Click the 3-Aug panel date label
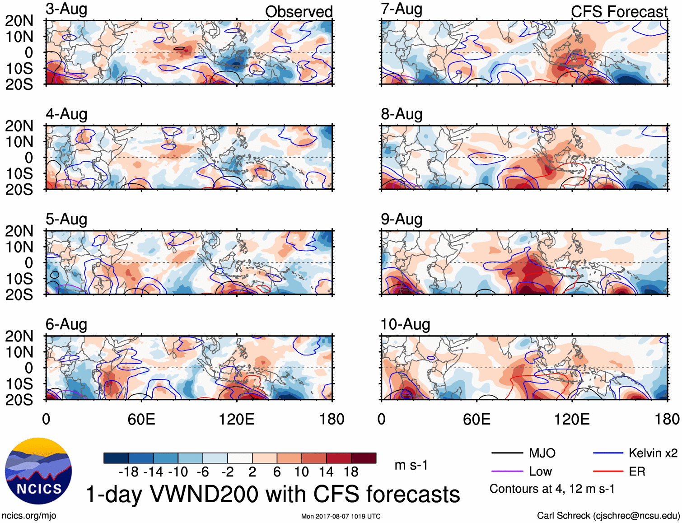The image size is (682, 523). [x=66, y=9]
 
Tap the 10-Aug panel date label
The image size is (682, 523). [x=405, y=324]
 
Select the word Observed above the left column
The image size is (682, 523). [x=299, y=12]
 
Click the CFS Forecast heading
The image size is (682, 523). [x=619, y=12]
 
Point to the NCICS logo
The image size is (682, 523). [x=38, y=471]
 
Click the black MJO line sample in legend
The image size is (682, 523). [x=507, y=453]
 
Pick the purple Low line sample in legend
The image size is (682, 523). [x=507, y=472]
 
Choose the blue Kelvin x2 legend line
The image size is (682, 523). [x=608, y=453]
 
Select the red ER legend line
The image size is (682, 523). [x=608, y=472]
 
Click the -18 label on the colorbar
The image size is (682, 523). [x=129, y=472]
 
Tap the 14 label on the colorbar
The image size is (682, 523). [x=326, y=472]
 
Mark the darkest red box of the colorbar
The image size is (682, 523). [x=364, y=458]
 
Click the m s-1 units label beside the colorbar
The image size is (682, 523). [x=411, y=465]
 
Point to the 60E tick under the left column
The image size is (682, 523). [x=141, y=419]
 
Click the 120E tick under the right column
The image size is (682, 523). [x=571, y=419]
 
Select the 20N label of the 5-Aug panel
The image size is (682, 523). [x=19, y=231]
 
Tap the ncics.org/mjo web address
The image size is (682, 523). [x=29, y=516]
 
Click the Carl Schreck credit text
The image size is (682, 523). [x=608, y=516]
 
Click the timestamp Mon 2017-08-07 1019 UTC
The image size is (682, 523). [x=341, y=516]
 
